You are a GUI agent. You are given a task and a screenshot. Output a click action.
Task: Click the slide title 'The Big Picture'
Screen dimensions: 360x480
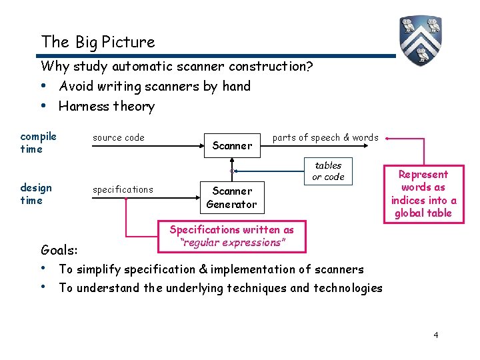pyautogui.click(x=97, y=42)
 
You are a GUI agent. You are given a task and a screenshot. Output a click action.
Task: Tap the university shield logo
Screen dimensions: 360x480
pyautogui.click(x=421, y=40)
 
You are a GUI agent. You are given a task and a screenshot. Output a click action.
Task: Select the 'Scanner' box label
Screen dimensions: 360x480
pyautogui.click(x=232, y=145)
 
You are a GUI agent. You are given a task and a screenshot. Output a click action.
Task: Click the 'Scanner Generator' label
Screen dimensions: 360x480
pyautogui.click(x=231, y=197)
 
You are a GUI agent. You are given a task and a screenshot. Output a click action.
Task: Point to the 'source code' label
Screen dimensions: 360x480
pyautogui.click(x=119, y=138)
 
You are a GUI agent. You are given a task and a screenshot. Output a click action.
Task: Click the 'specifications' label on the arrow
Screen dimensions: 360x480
pyautogui.click(x=123, y=190)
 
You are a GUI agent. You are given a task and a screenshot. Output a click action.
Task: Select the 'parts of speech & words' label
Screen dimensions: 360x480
pyautogui.click(x=325, y=137)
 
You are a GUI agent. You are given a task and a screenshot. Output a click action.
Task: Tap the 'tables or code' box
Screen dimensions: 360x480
pyautogui.click(x=328, y=171)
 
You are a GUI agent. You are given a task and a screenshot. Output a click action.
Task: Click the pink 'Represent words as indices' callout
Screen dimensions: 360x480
pyautogui.click(x=423, y=193)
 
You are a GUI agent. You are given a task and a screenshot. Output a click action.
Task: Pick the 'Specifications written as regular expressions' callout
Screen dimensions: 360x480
pyautogui.click(x=231, y=236)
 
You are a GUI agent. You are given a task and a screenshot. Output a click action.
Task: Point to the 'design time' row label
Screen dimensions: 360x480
pyautogui.click(x=31, y=194)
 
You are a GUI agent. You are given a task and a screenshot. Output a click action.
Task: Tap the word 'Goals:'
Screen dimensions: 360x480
pyautogui.click(x=59, y=251)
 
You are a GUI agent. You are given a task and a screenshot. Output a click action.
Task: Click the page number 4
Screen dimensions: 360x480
pyautogui.click(x=435, y=335)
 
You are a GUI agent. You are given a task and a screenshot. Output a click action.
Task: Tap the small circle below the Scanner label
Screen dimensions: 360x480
pyautogui.click(x=232, y=171)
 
